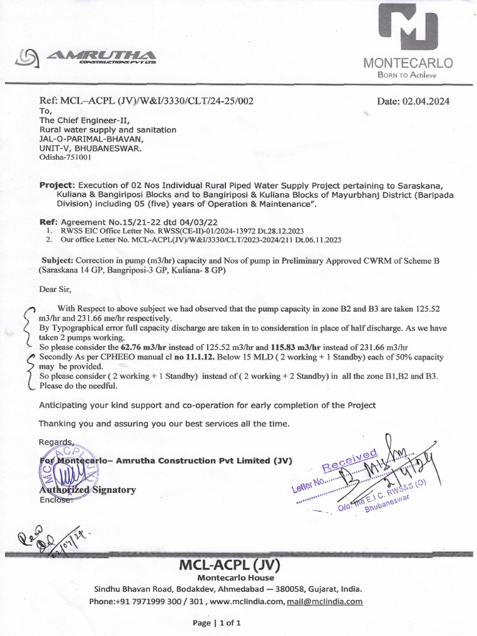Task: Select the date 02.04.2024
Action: [x=413, y=101]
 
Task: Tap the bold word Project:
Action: [x=57, y=185]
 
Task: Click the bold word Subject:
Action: [x=61, y=261]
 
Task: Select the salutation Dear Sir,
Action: [x=55, y=289]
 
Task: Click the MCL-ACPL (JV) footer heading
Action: [x=230, y=565]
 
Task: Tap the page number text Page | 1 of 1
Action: [x=217, y=622]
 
